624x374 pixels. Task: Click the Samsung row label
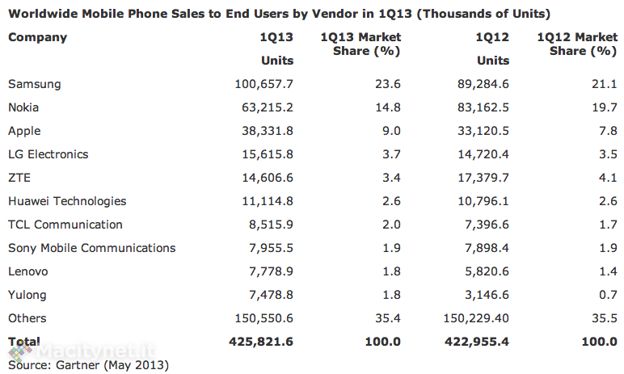click(x=34, y=84)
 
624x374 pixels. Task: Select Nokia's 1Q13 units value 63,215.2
click(x=262, y=107)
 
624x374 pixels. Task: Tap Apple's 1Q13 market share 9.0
click(x=390, y=131)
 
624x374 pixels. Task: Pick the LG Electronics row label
click(x=48, y=154)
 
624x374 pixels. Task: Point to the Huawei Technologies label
click(x=67, y=201)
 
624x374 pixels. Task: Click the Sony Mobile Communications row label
click(x=91, y=248)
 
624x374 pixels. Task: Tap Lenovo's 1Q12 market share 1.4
click(x=606, y=271)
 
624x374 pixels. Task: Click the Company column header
click(x=37, y=37)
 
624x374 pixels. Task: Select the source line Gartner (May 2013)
click(x=88, y=365)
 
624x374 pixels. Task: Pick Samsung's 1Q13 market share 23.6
click(x=386, y=84)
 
